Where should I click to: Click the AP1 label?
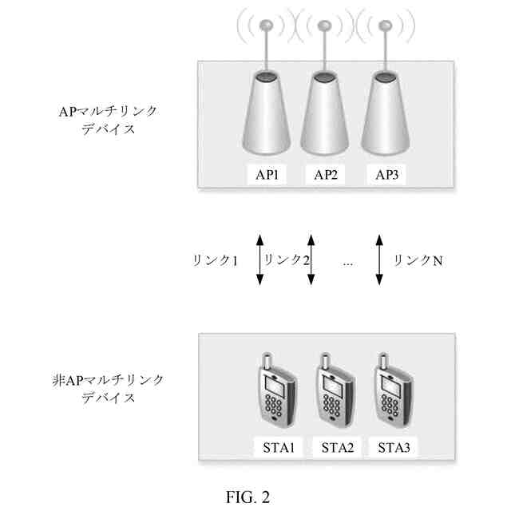(267, 176)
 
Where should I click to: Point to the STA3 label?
(394, 446)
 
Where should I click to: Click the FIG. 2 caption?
(248, 497)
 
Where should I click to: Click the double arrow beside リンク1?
(259, 259)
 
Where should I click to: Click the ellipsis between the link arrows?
(347, 261)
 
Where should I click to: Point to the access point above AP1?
(267, 112)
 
